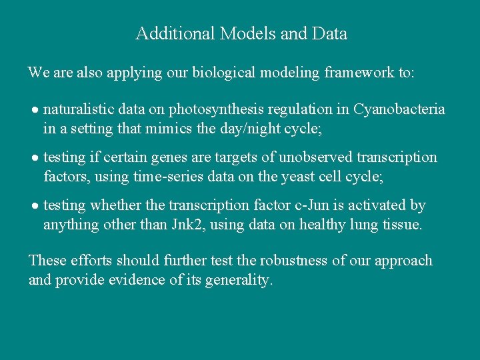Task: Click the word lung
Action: tap(370, 225)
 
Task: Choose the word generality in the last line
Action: tap(242, 280)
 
